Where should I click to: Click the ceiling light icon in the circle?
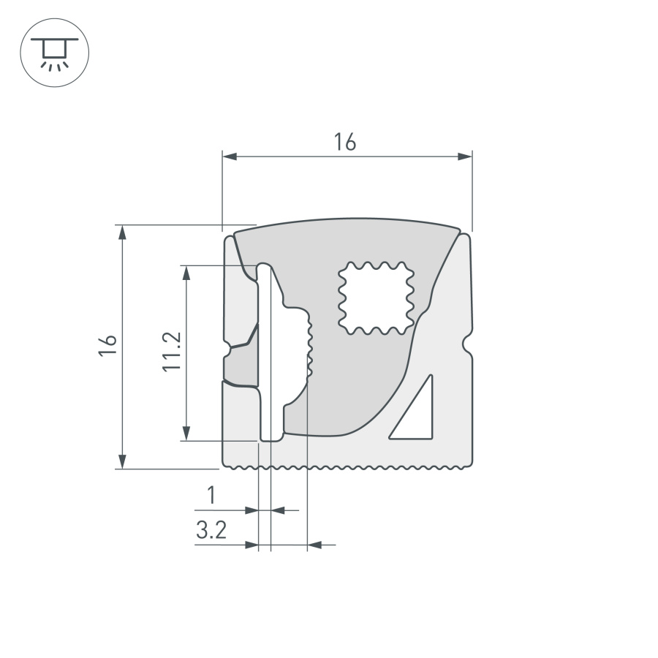click(x=54, y=53)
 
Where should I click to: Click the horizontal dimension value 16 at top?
click(x=345, y=142)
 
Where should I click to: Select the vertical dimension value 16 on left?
click(x=107, y=345)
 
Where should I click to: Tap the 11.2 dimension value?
click(x=171, y=352)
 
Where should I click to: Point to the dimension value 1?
click(x=211, y=496)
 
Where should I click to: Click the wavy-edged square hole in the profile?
click(x=374, y=298)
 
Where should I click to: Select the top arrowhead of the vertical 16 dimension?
click(x=123, y=232)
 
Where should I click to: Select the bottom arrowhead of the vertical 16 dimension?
click(x=123, y=461)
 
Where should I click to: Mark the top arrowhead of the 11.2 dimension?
click(x=187, y=273)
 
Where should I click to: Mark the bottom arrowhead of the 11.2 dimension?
click(x=187, y=433)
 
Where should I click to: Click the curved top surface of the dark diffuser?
click(x=347, y=220)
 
